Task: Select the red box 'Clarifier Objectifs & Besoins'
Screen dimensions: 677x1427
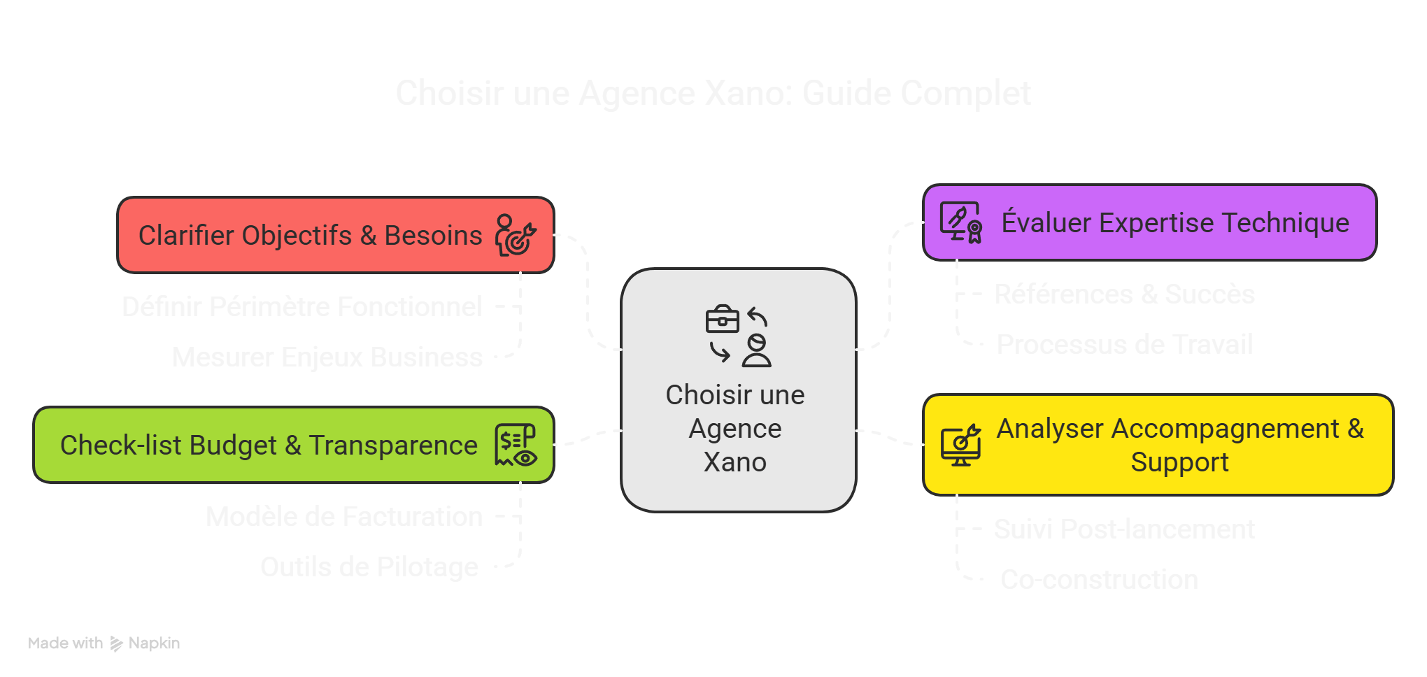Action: coord(310,236)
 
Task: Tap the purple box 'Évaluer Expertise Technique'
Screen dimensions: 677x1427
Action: coord(1174,223)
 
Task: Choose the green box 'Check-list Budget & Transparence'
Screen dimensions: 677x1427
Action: coord(269,446)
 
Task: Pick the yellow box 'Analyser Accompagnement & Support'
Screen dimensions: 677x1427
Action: coord(1179,446)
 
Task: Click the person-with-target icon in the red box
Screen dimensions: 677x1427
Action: coord(516,235)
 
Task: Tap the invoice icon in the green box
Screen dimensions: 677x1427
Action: coord(516,445)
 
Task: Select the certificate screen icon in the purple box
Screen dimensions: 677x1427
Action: coord(961,222)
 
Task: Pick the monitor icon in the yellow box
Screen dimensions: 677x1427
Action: coord(960,445)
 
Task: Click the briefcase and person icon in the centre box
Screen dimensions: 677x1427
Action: coord(738,336)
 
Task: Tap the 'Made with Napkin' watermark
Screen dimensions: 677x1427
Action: coord(104,643)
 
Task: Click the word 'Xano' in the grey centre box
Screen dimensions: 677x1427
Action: coord(735,462)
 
